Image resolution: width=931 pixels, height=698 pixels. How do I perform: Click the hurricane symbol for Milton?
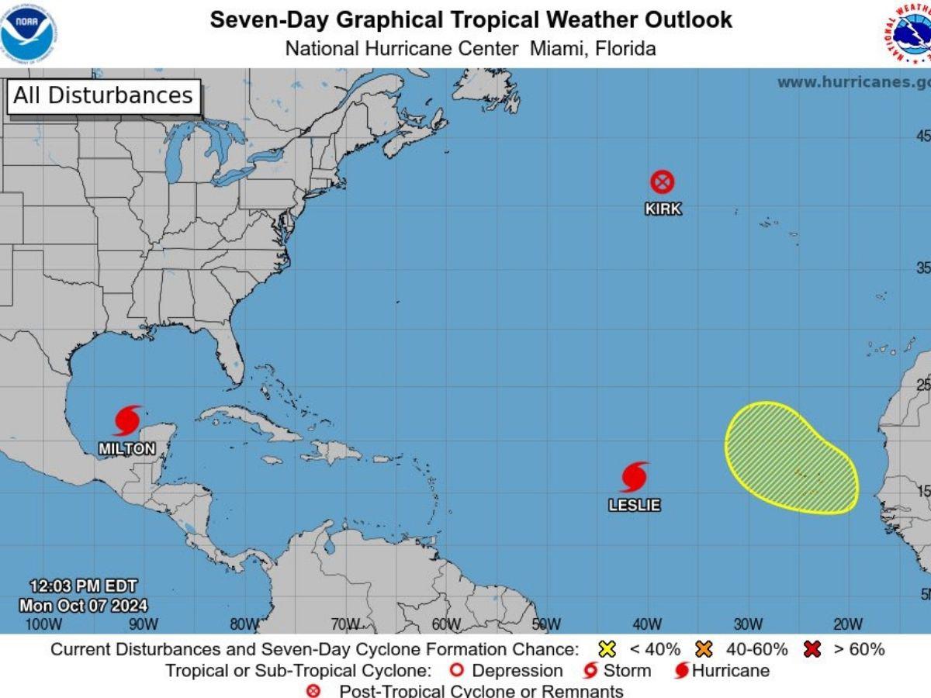128,420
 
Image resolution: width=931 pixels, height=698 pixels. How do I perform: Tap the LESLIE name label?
634,505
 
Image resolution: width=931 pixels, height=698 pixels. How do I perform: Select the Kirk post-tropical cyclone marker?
662,182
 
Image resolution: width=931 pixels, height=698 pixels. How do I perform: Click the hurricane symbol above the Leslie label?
634,477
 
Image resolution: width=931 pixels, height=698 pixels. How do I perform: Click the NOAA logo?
29,32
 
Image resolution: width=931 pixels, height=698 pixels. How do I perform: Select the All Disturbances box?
103,96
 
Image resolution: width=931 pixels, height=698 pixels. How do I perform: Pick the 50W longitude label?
546,624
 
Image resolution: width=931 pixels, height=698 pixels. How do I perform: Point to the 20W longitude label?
848,624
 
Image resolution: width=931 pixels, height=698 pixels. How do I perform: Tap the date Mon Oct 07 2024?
83,605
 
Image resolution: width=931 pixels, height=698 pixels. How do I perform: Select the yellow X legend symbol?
607,650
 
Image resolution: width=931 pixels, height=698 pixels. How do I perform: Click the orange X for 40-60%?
704,650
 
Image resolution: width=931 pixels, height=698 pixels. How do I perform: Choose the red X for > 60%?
812,650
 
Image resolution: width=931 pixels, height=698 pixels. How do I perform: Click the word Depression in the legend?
517,671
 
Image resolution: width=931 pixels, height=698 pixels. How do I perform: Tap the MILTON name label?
126,449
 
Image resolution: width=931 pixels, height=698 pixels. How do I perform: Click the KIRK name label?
663,209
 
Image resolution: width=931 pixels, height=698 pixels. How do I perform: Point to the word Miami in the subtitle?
556,48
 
